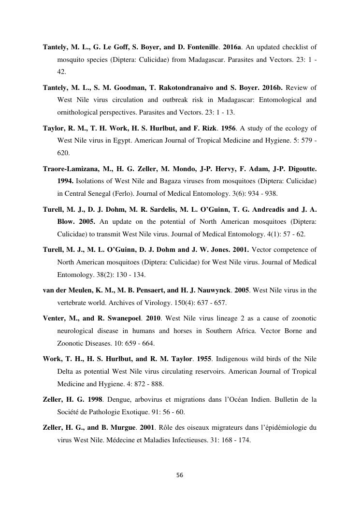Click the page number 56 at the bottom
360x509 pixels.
pos(180,475)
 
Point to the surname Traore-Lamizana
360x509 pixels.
pos(70,169)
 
